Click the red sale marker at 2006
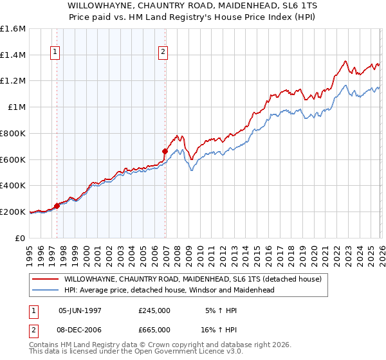point(165,152)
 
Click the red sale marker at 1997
point(57,206)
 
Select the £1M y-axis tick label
point(17,107)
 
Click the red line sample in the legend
point(45,279)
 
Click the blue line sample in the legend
point(45,290)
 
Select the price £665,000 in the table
point(154,329)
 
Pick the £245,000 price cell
point(154,310)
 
